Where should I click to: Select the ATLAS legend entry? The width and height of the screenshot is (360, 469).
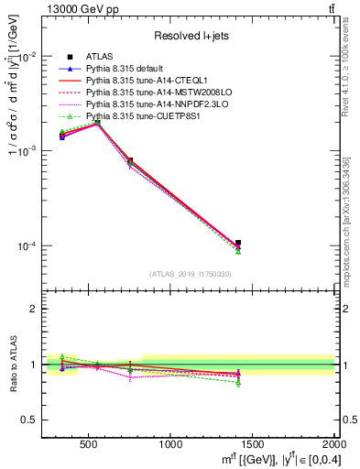(100, 56)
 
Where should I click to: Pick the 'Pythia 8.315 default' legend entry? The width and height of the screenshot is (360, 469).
(127, 68)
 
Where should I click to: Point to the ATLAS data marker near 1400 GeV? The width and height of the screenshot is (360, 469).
(238, 243)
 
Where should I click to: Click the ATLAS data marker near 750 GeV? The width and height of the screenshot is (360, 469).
(130, 160)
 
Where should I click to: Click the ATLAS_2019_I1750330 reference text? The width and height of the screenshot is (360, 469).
(191, 273)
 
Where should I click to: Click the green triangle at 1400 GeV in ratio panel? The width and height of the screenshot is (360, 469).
(238, 383)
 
